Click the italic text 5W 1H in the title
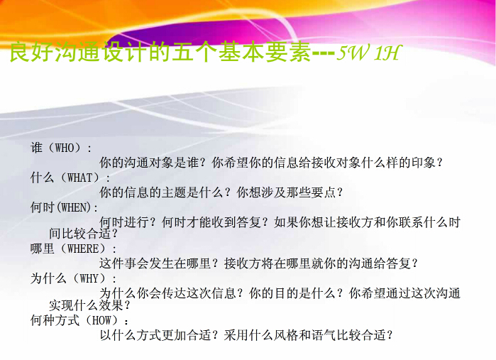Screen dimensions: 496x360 pos(369,53)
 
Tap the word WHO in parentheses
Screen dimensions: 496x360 pos(65,148)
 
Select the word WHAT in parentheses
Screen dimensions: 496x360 pos(80,178)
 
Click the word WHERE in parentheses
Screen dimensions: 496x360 pos(83,249)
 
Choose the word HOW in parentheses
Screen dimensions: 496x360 pos(101,320)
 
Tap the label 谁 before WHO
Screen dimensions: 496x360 pos(36,148)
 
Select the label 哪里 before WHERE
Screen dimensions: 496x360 pos(42,249)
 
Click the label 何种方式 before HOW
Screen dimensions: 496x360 pos(55,320)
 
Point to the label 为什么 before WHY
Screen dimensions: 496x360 pos(48,278)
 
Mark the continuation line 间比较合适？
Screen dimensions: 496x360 pos(84,234)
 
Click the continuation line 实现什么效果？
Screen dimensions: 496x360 pos(90,305)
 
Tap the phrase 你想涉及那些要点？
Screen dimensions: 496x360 pos(290,192)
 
